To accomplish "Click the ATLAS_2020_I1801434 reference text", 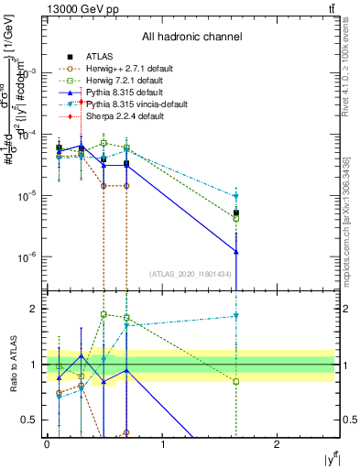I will click(x=189, y=273).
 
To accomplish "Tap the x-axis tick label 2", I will click(x=278, y=443).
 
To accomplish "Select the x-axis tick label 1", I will click(x=162, y=443).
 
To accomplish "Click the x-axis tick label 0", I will click(x=47, y=443).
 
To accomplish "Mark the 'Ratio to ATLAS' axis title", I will click(x=12, y=364).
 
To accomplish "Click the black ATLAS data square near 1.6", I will click(x=236, y=213).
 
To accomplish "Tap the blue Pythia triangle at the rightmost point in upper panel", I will click(x=236, y=251).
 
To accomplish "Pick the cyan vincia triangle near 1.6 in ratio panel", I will click(x=236, y=316).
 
